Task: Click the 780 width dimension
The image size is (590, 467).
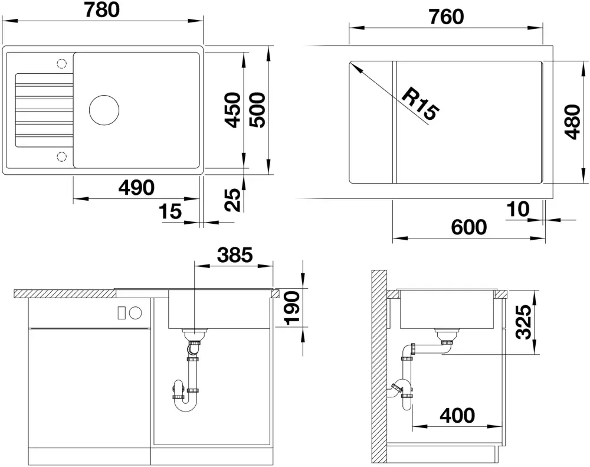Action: click(102, 10)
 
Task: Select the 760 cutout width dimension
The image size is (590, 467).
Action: click(446, 17)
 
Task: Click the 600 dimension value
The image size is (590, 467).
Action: click(469, 227)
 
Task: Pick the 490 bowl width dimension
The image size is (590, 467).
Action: click(136, 188)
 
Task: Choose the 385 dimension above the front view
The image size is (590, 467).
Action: click(235, 255)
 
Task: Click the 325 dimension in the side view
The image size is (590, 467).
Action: click(523, 322)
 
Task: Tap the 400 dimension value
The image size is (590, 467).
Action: click(457, 416)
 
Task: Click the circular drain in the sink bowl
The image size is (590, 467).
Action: click(104, 110)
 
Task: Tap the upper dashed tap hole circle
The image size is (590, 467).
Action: click(61, 63)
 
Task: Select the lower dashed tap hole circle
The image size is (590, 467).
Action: click(61, 156)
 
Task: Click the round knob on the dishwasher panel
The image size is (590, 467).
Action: click(136, 312)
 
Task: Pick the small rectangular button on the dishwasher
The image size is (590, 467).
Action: click(122, 312)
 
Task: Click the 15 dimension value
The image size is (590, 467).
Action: click(170, 211)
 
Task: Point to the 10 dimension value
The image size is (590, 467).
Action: click(518, 209)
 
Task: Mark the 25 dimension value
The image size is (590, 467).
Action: click(232, 200)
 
